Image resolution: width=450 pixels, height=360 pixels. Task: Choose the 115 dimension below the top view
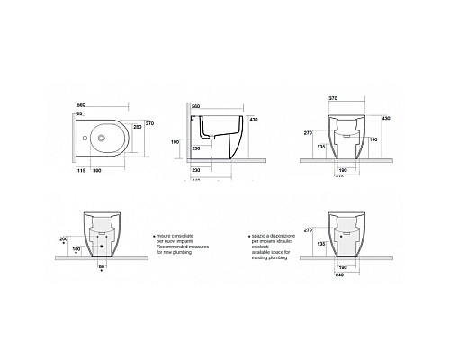point(80,170)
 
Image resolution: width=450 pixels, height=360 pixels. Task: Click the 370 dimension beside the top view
point(151,110)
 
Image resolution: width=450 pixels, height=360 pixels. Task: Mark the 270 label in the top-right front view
point(309,131)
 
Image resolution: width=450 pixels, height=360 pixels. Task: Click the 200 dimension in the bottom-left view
point(62,238)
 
